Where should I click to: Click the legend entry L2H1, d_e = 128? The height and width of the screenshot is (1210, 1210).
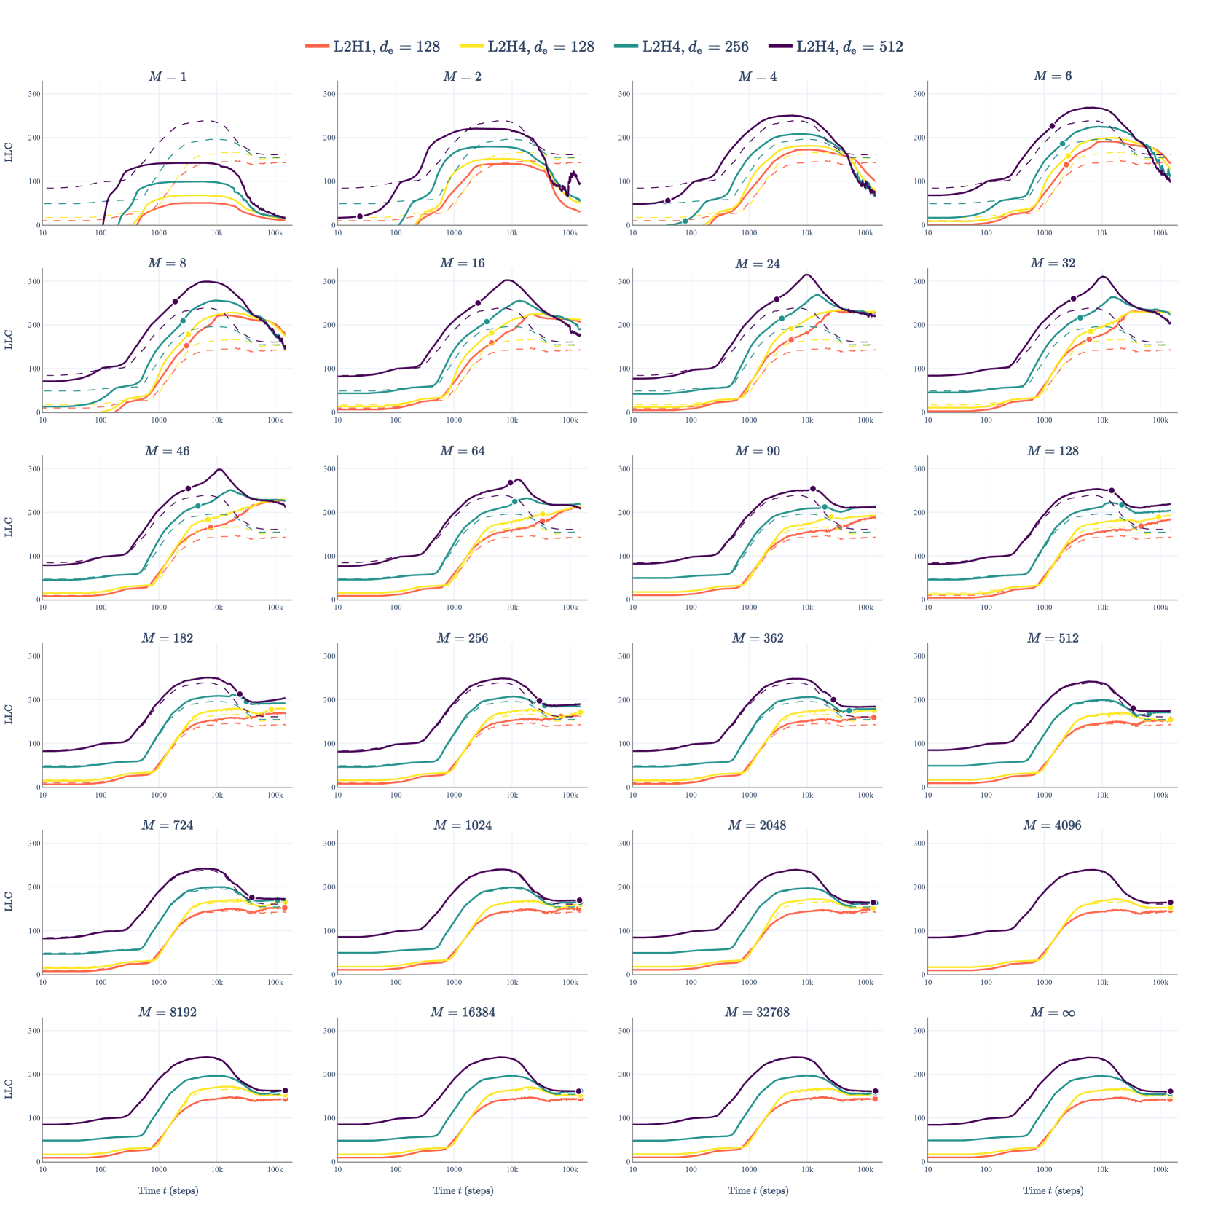point(373,47)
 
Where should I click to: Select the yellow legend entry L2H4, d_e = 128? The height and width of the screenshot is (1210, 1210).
point(527,47)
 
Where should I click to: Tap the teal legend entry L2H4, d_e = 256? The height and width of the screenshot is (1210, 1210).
point(682,47)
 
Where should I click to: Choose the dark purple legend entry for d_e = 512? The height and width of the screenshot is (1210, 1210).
point(836,47)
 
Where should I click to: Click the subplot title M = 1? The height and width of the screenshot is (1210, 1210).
point(168,76)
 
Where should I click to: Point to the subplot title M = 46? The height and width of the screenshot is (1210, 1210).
point(168,451)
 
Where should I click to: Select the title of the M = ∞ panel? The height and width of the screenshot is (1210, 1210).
point(1053,1013)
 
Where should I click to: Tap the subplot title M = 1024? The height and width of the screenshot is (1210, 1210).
point(463,825)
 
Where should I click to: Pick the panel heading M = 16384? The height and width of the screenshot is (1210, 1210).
point(463,1013)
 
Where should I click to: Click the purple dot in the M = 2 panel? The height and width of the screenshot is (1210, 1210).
point(360,216)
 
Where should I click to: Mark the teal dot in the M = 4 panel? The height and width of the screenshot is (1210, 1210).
point(685,221)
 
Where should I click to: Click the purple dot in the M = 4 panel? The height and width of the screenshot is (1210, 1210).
point(668,200)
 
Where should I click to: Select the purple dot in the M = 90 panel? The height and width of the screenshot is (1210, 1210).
point(813,489)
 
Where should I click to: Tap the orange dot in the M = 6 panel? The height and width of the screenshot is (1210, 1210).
point(1066,165)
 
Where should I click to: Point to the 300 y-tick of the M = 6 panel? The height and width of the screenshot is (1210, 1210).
point(919,94)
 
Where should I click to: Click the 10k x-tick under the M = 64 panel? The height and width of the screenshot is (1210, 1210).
point(512,608)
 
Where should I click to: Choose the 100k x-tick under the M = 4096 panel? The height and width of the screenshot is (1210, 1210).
point(1160,982)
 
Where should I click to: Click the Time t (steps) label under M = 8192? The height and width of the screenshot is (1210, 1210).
point(168,1190)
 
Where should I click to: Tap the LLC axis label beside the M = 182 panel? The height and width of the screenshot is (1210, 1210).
point(9,714)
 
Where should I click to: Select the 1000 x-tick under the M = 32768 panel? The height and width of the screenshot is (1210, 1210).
point(749,1169)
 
